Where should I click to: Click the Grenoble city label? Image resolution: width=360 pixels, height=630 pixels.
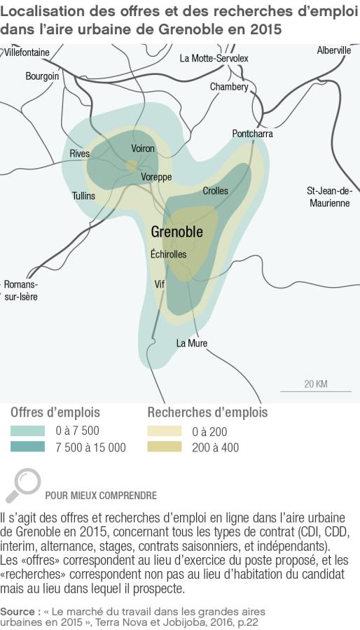coord(176,232)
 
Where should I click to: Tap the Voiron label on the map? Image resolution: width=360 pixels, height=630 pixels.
coord(143,148)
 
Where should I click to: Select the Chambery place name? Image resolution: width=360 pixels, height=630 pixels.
coord(229,87)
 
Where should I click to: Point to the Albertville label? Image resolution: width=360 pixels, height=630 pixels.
coord(333,50)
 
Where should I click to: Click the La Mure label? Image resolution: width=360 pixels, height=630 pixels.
coord(191,343)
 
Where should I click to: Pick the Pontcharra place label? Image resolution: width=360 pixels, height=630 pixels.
coord(253,133)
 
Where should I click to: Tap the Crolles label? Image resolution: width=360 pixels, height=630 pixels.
coord(215,190)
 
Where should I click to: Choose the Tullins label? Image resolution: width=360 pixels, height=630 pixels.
coord(83,196)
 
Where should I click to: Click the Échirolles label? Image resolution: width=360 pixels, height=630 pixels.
coord(169,254)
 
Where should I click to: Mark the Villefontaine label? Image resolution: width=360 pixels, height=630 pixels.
coord(27,52)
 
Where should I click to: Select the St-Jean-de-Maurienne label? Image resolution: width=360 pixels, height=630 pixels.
coord(328,197)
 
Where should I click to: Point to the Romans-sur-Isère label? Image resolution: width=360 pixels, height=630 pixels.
coord(21,290)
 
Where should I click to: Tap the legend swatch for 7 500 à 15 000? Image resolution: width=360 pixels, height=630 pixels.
coord(28,447)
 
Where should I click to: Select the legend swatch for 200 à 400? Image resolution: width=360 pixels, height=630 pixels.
coord(164,447)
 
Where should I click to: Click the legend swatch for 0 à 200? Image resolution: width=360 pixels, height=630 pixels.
coord(164,431)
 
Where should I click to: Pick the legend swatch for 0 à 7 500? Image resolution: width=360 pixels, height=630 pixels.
coord(28,431)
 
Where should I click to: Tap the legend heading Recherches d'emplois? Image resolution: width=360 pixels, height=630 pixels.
coord(207,412)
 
